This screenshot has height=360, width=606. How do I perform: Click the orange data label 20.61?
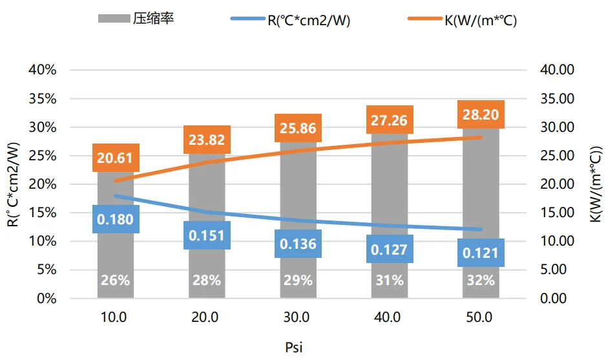tap(116, 157)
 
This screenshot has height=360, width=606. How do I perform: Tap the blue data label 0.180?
tap(116, 219)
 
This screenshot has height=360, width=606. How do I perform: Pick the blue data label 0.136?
tap(298, 244)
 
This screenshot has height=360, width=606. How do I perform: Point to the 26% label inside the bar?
tap(116, 281)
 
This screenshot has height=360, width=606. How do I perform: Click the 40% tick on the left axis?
tap(43, 70)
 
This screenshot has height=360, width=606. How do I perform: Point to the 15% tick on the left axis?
tap(43, 213)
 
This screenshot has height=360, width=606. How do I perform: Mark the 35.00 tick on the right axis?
tap(558, 99)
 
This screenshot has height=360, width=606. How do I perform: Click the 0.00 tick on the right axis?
tap(558, 299)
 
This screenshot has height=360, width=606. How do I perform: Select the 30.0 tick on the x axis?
tap(298, 317)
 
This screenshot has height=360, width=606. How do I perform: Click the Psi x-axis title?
tap(294, 346)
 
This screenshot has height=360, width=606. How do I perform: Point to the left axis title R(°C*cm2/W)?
tap(13, 184)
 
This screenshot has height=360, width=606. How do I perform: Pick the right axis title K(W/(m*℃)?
tap(594, 184)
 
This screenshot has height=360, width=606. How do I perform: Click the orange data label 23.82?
tap(207, 140)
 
